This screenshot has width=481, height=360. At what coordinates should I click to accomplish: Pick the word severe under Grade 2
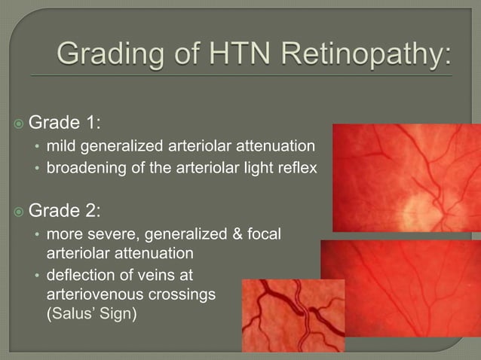tap(107, 235)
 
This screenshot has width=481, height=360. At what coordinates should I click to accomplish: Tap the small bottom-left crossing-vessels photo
tap(293, 316)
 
